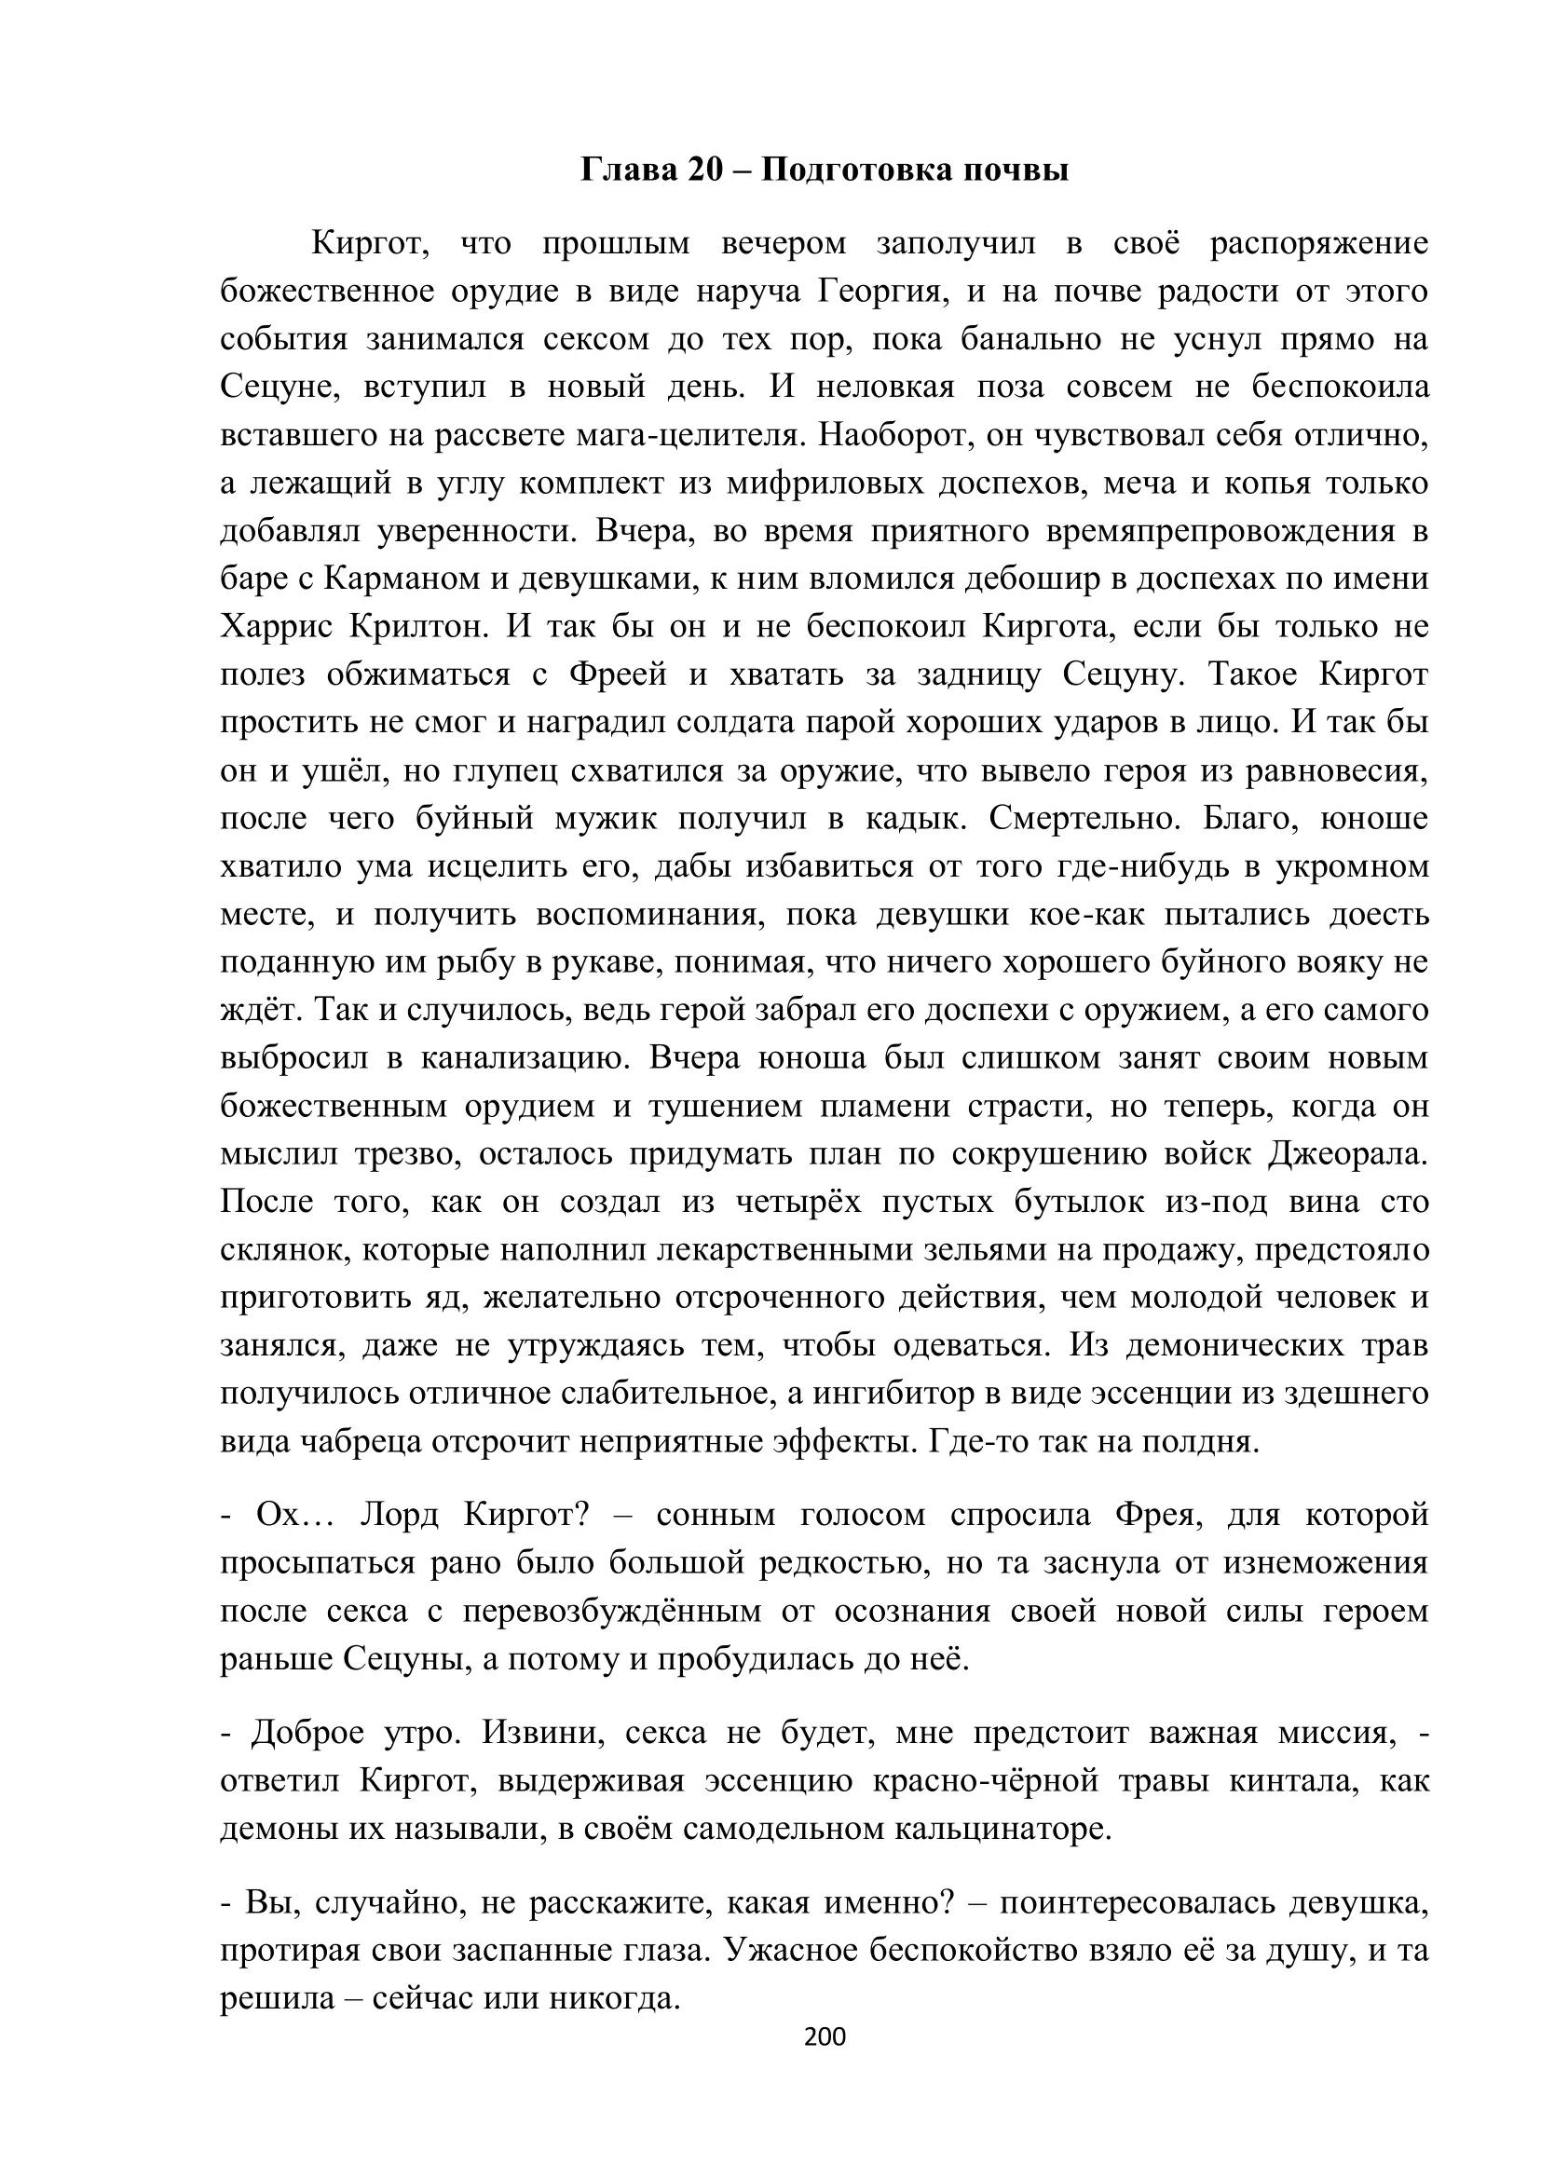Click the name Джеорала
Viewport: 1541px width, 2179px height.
tap(1347, 1154)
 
